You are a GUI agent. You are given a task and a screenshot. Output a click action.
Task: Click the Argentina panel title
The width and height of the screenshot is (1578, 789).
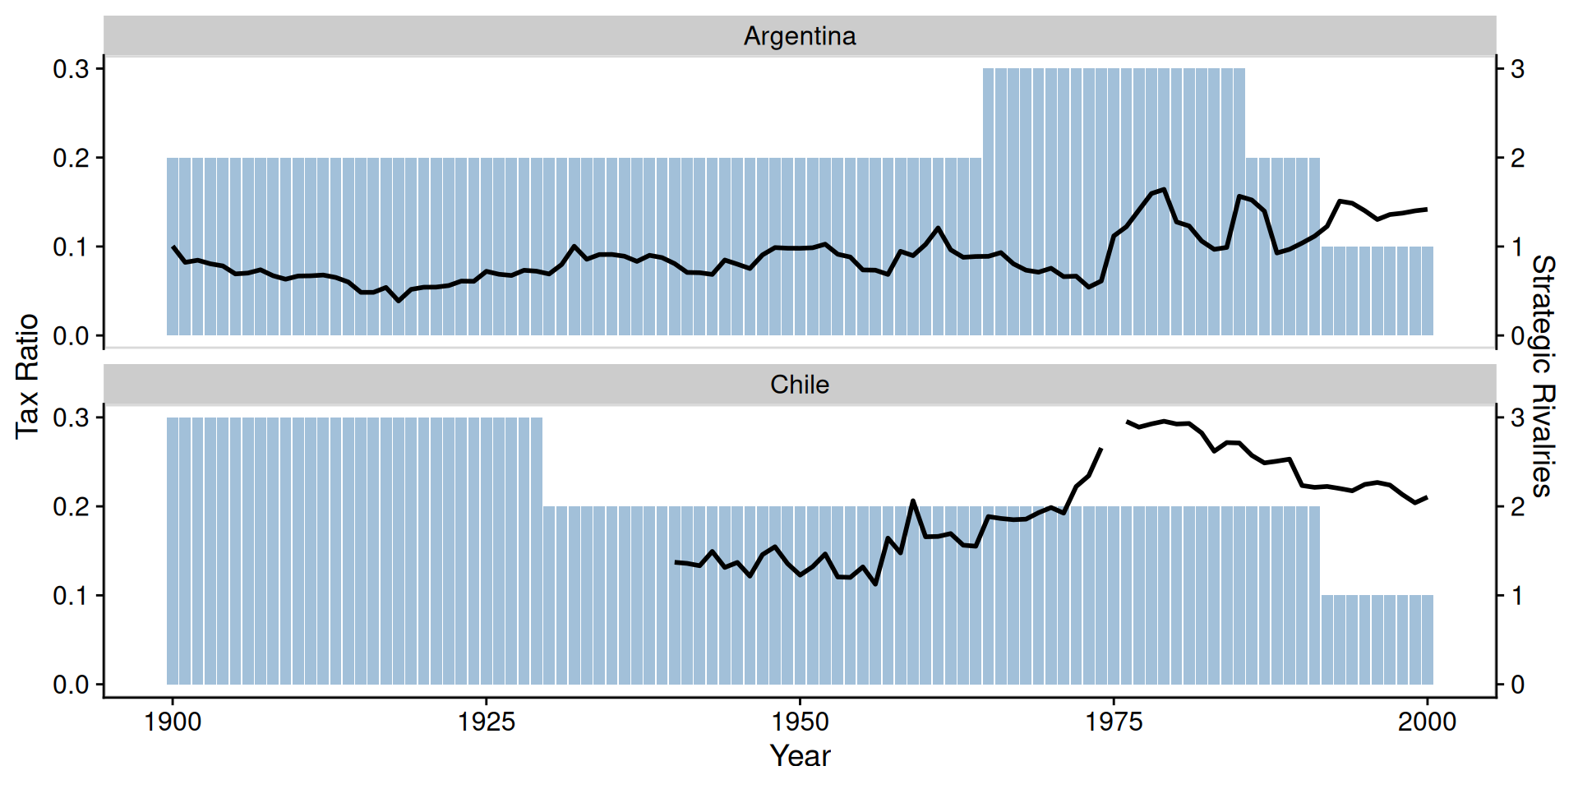(x=799, y=36)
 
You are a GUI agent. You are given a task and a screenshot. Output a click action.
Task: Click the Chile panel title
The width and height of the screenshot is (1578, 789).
(x=799, y=385)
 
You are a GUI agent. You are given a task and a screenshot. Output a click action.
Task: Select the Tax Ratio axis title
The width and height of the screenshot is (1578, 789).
(x=27, y=376)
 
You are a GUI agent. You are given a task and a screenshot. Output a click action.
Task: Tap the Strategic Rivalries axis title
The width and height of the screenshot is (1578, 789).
(x=1543, y=376)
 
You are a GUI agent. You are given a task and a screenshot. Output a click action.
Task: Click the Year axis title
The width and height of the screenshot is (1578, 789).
(x=799, y=755)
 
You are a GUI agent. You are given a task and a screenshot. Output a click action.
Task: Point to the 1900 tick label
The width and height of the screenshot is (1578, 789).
(x=173, y=722)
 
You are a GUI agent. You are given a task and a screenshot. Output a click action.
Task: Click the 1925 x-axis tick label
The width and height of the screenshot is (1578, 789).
(x=487, y=722)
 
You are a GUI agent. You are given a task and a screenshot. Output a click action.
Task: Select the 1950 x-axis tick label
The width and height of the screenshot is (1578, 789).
(x=800, y=722)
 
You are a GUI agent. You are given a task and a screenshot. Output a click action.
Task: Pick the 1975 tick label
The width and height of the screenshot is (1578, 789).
(x=1114, y=722)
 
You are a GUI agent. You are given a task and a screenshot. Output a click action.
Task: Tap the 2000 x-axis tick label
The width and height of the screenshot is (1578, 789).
(x=1427, y=722)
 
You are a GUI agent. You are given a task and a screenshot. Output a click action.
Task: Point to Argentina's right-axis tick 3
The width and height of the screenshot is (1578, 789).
(x=1517, y=69)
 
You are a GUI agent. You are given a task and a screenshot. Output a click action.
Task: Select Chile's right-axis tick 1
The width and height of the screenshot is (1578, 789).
(x=1517, y=595)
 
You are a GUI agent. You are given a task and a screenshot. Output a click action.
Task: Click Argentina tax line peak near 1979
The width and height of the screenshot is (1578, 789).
(x=1164, y=190)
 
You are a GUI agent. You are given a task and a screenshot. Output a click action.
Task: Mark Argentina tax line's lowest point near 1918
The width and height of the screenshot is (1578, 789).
(x=399, y=301)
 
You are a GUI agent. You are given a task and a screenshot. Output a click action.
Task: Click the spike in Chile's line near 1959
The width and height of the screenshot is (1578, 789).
(x=912, y=501)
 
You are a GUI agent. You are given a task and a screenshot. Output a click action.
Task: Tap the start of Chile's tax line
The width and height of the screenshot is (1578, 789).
(x=676, y=562)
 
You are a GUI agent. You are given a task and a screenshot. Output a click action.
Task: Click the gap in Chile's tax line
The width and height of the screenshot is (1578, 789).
(x=1114, y=434)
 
